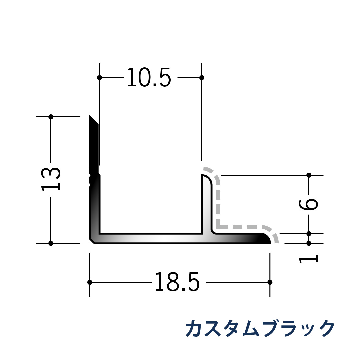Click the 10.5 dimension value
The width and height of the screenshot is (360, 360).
tap(149, 78)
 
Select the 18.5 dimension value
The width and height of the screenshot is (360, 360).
tap(177, 282)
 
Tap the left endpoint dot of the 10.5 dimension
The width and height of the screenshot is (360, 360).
tap(99, 78)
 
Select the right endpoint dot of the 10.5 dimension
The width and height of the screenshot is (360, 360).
tap(202, 78)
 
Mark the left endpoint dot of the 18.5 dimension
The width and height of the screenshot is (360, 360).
tap(90, 282)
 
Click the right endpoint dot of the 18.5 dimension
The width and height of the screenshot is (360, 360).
tap(270, 282)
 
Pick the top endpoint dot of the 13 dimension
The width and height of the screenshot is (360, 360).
tap(51, 117)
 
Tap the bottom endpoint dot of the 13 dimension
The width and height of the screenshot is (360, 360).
tap(51, 243)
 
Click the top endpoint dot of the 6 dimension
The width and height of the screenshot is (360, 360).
tap(309, 175)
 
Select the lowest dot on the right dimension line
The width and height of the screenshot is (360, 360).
tap(309, 243)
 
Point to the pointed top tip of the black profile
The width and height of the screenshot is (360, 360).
tap(90, 116)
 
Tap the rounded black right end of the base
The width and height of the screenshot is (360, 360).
tap(266, 239)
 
